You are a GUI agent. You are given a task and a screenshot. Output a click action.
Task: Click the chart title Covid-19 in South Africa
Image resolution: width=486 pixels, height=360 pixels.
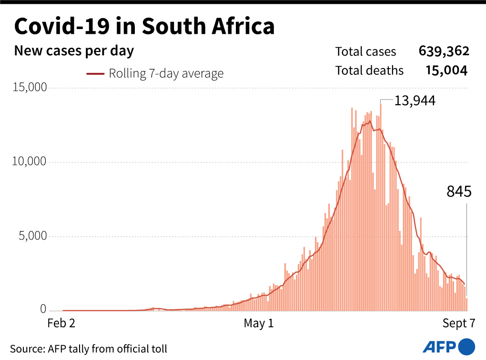tap(144, 27)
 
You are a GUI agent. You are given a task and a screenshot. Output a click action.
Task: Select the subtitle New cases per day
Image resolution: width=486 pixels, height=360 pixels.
tap(74, 51)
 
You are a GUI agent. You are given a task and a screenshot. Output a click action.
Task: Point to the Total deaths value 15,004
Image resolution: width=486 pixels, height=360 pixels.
tap(446, 71)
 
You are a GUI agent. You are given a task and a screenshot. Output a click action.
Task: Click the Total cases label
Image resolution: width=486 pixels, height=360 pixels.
tap(365, 51)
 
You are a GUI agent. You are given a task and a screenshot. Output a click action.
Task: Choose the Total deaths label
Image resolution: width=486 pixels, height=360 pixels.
tap(369, 71)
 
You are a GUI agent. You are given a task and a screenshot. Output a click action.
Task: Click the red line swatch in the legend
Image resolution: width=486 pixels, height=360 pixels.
tap(95, 74)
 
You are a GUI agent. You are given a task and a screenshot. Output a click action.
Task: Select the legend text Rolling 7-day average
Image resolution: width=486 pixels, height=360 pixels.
tap(166, 74)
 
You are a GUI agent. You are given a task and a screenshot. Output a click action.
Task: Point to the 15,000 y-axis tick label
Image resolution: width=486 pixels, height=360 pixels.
tap(30, 88)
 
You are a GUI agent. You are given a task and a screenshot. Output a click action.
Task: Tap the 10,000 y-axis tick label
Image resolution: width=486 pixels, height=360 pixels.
tap(30, 162)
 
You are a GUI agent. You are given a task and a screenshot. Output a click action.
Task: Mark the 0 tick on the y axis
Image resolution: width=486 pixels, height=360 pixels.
tap(43, 310)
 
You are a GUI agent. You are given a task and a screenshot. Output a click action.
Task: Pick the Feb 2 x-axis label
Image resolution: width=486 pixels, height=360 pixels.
tap(61, 324)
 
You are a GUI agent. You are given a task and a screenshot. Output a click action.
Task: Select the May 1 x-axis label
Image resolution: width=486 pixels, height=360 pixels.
tap(259, 324)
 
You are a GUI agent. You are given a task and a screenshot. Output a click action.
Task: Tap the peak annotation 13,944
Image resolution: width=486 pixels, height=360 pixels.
tap(415, 100)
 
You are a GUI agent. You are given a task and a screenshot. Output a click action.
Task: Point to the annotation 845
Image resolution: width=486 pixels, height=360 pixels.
tap(459, 192)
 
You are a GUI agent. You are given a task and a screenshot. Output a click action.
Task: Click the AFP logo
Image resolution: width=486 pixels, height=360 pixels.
tap(448, 346)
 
